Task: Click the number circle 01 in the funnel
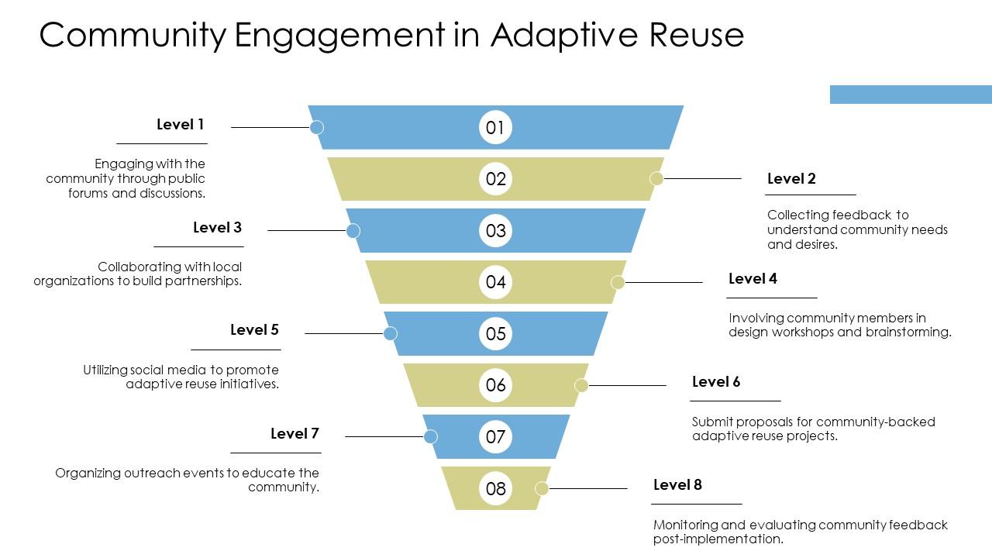click(x=495, y=127)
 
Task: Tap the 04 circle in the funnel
click(x=495, y=281)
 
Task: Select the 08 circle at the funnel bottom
click(x=495, y=488)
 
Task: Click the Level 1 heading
click(x=180, y=124)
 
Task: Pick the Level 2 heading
click(x=791, y=178)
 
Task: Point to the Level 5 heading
click(x=254, y=329)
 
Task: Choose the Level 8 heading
click(x=677, y=484)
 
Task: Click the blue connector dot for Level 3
click(x=353, y=230)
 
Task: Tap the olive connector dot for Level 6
click(x=581, y=385)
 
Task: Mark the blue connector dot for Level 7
click(x=430, y=436)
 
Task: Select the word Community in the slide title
click(x=133, y=35)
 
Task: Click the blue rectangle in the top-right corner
click(x=911, y=94)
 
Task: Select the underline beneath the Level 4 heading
click(x=772, y=298)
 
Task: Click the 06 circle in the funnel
click(x=495, y=385)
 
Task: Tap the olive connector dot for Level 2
click(x=656, y=178)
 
